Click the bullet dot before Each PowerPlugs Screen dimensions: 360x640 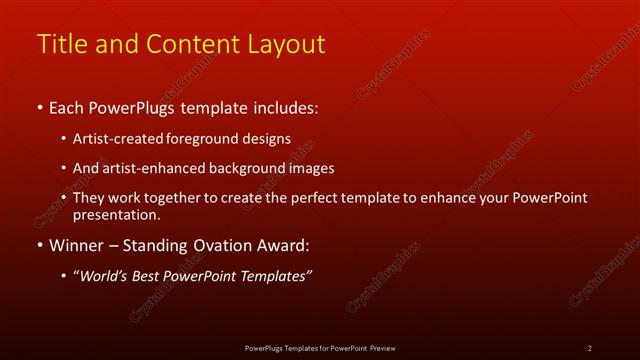click(39, 107)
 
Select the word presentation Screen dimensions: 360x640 click(114, 214)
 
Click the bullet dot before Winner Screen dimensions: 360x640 click(39, 245)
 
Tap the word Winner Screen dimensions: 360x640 click(76, 245)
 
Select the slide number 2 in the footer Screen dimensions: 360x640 click(589, 347)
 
